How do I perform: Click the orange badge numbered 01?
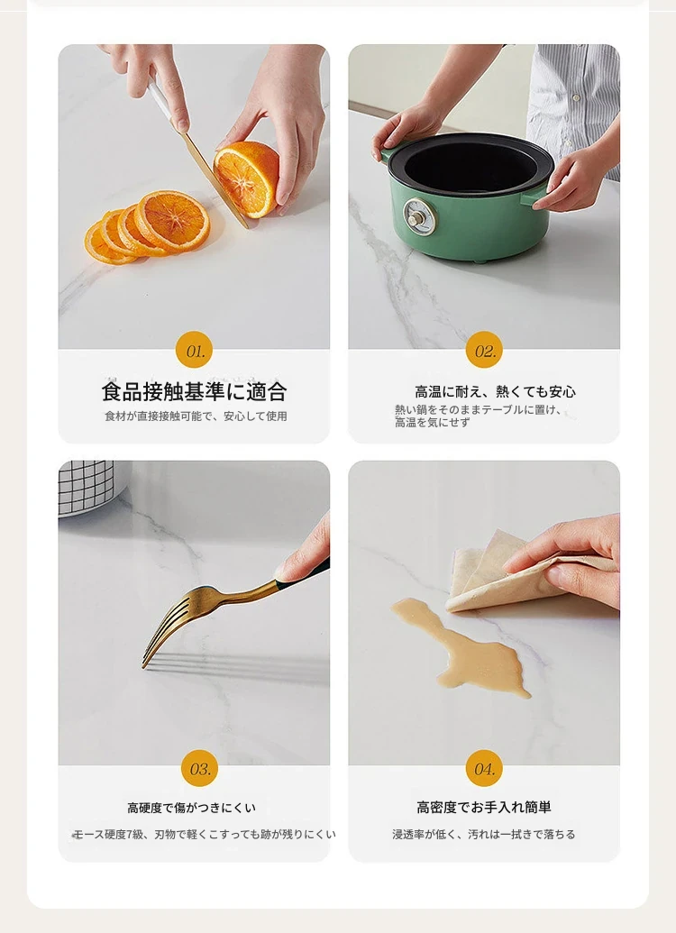[x=195, y=350]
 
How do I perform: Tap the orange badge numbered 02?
[x=484, y=350]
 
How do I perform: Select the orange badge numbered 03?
[x=199, y=767]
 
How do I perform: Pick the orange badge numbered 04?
[x=484, y=767]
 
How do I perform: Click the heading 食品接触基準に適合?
[x=194, y=391]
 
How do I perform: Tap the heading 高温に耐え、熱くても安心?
[x=495, y=391]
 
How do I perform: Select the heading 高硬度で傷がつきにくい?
[x=192, y=808]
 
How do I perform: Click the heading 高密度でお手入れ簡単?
[x=484, y=807]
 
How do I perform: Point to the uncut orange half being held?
[x=246, y=178]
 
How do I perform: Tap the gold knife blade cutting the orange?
[x=215, y=179]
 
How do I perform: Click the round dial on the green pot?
[x=419, y=216]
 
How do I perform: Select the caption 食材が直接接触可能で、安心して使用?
[x=196, y=416]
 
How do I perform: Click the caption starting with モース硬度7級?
[x=204, y=834]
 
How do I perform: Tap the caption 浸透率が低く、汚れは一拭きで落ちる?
[x=484, y=834]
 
